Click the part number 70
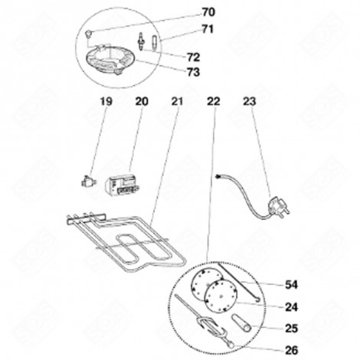click(187, 12)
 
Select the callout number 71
click(187, 30)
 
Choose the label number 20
click(141, 101)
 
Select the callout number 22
click(213, 101)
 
